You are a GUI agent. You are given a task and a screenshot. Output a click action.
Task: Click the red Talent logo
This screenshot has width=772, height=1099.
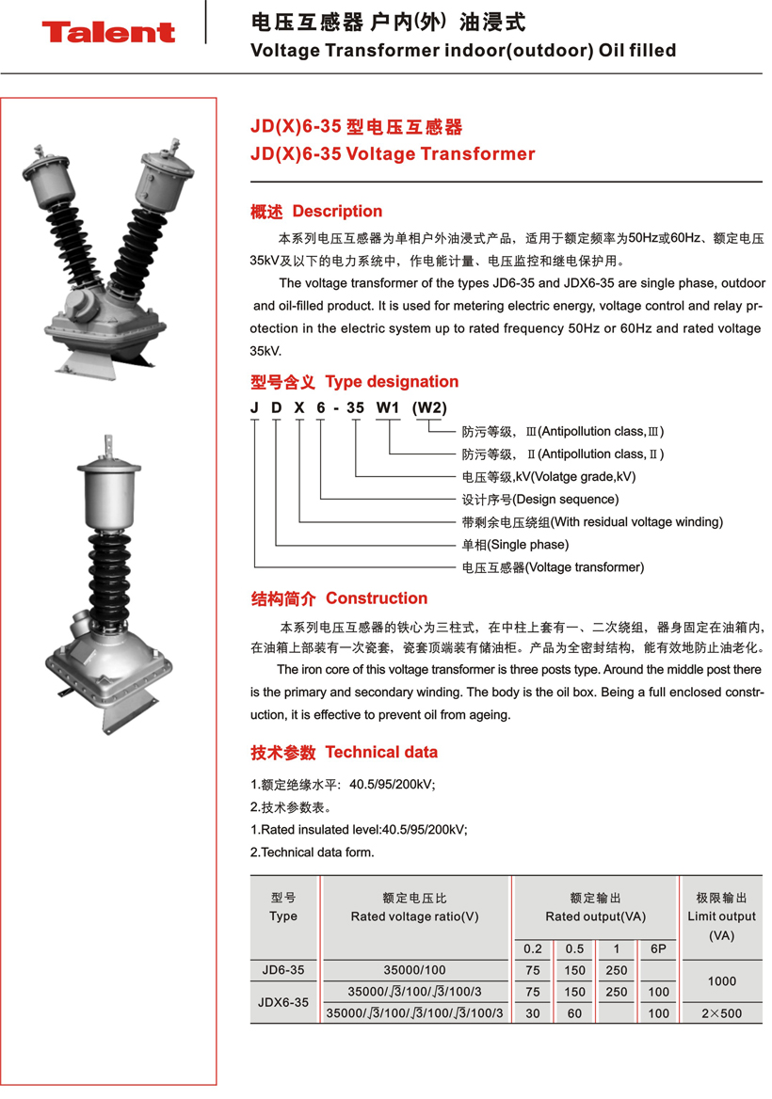108,33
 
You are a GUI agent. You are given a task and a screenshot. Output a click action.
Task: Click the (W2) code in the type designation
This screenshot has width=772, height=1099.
430,407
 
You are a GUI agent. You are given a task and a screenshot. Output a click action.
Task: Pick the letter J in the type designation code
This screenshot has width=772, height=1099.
254,407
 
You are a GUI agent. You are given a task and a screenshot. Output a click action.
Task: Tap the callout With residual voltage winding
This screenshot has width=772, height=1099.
591,522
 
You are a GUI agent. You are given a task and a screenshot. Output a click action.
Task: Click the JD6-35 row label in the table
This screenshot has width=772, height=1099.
283,970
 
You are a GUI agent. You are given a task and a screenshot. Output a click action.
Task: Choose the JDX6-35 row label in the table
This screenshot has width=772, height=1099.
283,1003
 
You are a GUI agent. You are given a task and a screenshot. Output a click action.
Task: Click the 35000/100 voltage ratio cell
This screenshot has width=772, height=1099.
415,970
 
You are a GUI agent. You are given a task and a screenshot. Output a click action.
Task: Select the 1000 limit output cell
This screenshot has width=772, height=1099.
721,981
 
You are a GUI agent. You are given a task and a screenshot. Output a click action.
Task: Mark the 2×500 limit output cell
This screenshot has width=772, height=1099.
721,1014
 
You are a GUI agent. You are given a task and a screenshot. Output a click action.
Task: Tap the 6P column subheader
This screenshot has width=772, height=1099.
658,949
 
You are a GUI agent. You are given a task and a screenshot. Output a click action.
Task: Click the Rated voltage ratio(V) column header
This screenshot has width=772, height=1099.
415,916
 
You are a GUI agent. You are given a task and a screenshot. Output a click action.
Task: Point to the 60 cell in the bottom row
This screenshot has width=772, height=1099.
575,1014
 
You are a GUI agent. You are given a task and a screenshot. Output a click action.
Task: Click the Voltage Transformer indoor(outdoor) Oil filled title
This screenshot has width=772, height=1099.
463,51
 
